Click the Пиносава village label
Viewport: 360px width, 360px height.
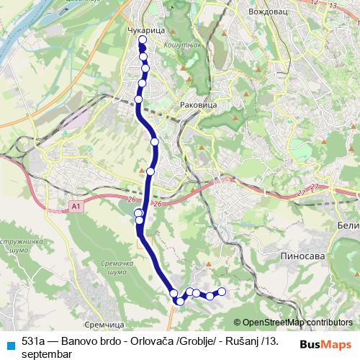coord(300,255)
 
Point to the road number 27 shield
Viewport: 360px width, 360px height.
coord(300,194)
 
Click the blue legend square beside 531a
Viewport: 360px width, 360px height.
coord(11,344)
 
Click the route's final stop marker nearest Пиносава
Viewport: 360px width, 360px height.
coord(222,292)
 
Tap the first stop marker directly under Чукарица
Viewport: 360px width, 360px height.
coord(142,49)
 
